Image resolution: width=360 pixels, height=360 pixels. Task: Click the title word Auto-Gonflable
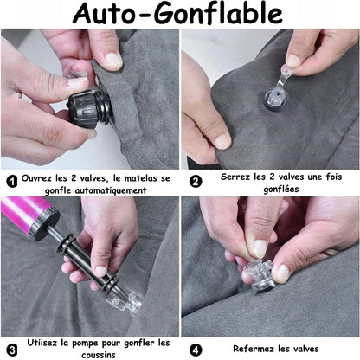180,14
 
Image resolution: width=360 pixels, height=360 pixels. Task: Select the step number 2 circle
196,181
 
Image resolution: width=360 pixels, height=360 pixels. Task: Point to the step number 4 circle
196,348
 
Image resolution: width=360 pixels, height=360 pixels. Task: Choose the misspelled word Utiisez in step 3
43,343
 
